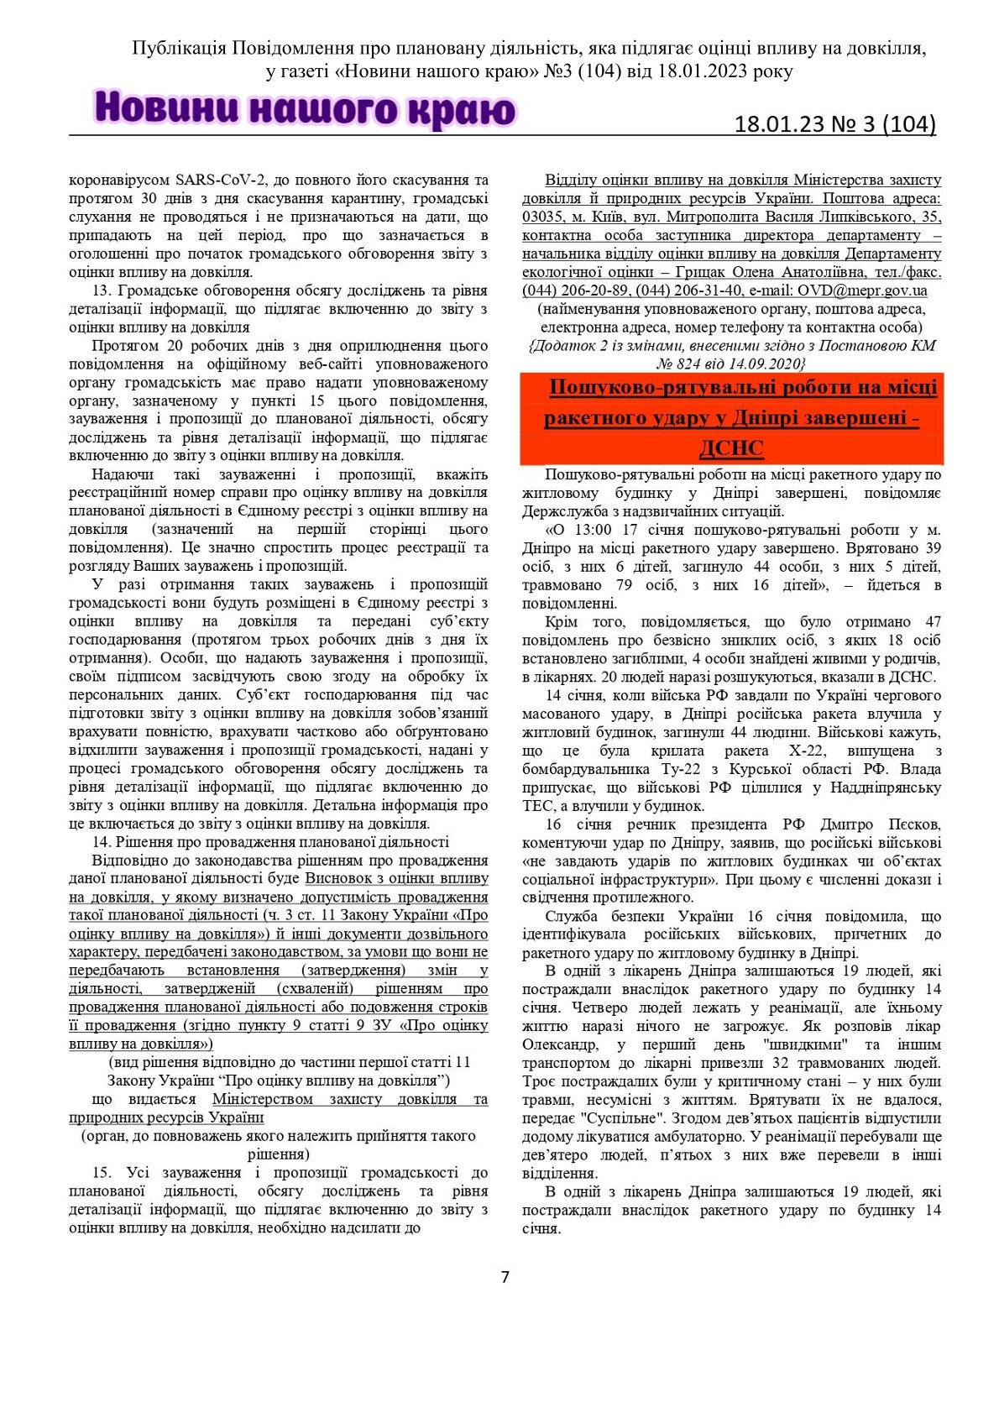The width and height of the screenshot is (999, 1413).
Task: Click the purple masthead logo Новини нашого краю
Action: click(305, 110)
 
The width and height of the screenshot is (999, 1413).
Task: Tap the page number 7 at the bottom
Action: click(505, 1277)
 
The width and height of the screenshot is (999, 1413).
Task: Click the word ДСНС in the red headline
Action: click(730, 448)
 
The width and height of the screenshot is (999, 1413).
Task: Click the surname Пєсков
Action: click(910, 824)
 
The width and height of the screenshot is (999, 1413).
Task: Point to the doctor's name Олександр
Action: click(560, 1044)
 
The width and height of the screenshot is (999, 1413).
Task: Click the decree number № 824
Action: click(680, 364)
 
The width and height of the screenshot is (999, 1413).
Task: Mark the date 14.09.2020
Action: click(770, 364)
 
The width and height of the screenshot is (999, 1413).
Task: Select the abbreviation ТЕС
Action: click(538, 806)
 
